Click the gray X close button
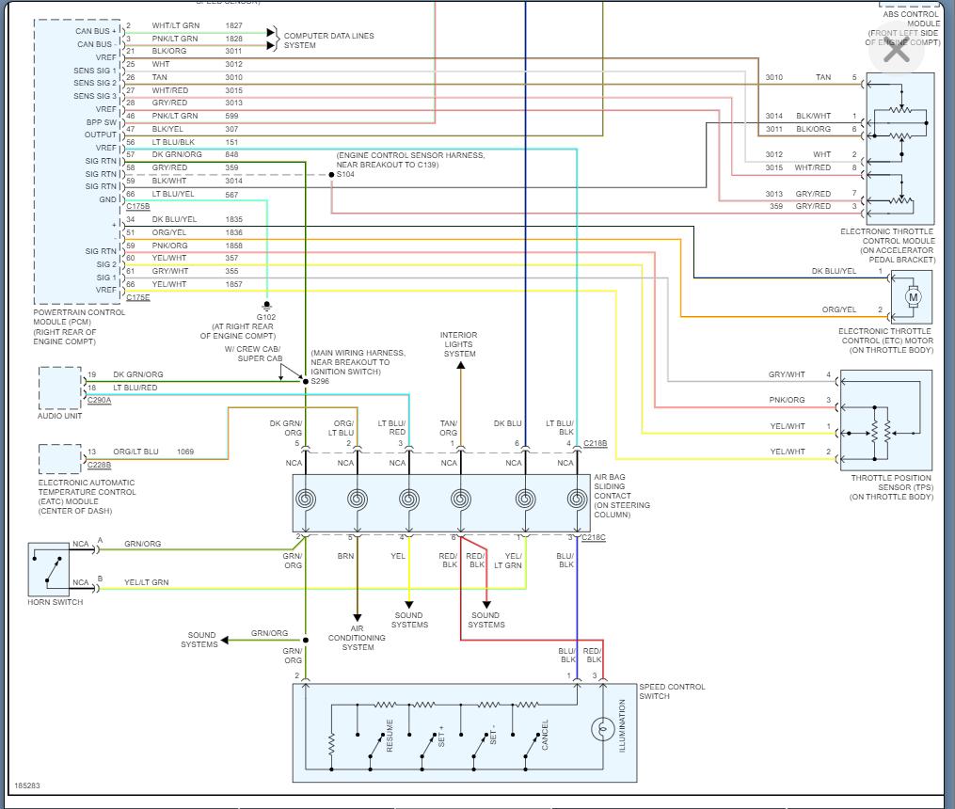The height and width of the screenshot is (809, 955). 897,52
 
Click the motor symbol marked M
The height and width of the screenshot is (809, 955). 913,297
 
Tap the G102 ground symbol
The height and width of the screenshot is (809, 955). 266,306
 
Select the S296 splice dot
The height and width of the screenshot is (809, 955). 306,382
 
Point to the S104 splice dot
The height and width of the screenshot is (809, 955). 331,175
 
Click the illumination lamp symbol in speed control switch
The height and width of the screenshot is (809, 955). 603,729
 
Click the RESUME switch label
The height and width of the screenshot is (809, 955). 390,736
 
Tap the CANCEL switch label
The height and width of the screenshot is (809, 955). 545,736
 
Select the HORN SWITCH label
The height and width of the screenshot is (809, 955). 56,602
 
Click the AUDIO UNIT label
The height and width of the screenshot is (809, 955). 59,416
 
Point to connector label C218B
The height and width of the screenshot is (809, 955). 595,443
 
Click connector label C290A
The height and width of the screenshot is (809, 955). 100,400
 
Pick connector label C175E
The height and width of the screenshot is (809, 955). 138,297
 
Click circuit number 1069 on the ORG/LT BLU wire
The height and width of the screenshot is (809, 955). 185,452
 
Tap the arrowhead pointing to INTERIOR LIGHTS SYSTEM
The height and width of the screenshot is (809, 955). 461,365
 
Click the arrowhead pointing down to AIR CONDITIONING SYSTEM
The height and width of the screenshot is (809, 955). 358,618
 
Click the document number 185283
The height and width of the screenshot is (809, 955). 26,785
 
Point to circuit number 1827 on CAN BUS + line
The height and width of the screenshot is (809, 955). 234,25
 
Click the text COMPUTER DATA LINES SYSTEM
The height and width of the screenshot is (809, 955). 329,40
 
